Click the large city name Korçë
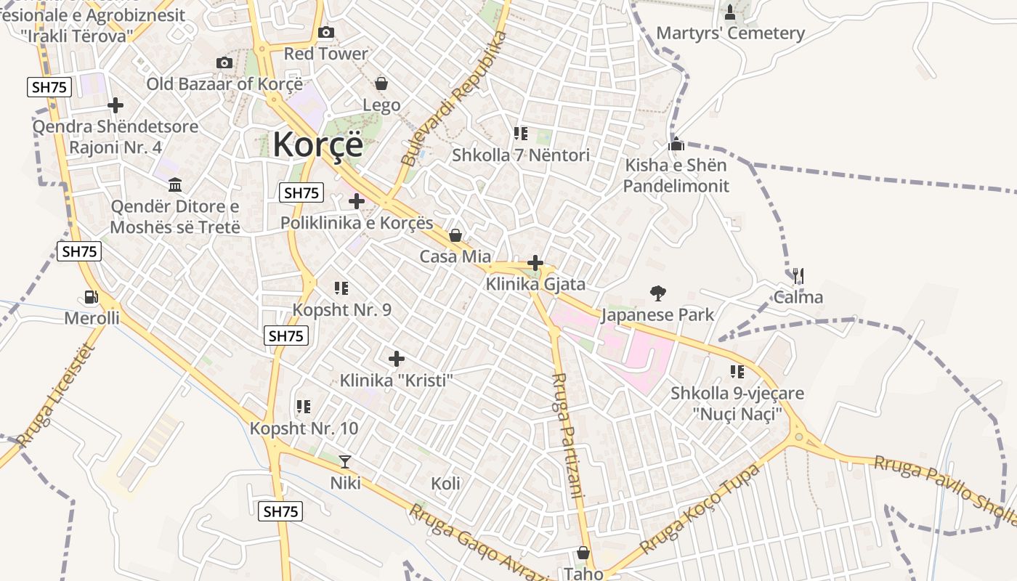pos(317,145)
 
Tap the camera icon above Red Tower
pos(326,33)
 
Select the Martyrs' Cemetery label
pos(730,33)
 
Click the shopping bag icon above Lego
pos(381,84)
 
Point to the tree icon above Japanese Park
pos(658,293)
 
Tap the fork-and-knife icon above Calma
pos(798,276)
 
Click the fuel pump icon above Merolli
pos(92,297)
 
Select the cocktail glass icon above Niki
pos(345,461)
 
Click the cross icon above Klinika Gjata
pos(535,263)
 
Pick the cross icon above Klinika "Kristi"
pos(397,359)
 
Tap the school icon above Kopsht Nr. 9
pos(341,288)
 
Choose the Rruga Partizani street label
pos(568,436)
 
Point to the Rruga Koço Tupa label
pos(700,509)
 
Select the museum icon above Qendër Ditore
pos(174,184)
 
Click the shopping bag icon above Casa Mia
pos(455,235)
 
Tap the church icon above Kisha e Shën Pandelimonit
pos(676,144)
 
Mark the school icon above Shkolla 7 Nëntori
pos(521,134)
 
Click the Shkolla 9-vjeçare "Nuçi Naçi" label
pos(737,404)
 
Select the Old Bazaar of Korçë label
pos(224,84)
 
